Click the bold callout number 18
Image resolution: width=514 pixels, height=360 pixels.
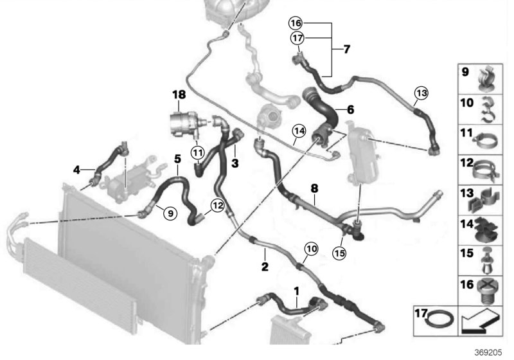(x=178, y=94)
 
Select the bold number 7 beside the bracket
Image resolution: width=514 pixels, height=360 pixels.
(x=346, y=50)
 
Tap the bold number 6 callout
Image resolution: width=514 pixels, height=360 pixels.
(x=350, y=110)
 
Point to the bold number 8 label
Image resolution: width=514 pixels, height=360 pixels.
(x=314, y=189)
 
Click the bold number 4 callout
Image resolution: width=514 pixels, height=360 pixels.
(x=77, y=170)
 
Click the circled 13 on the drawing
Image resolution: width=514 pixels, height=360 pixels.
(x=420, y=93)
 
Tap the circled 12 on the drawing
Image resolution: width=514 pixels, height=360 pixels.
(x=216, y=205)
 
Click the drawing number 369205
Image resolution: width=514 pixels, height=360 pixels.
(x=489, y=352)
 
